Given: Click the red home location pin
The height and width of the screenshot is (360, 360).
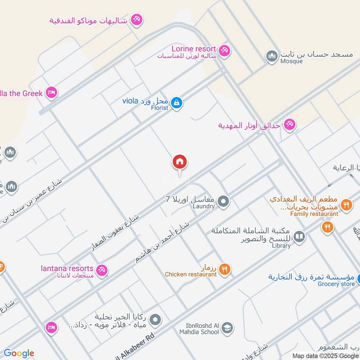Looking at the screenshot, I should pos(180,162).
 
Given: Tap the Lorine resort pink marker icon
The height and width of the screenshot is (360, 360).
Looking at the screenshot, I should pos(225,49).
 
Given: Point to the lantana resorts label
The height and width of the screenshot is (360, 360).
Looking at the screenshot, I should pos(66,269).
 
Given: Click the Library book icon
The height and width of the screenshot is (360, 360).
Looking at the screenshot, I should pos(299,236).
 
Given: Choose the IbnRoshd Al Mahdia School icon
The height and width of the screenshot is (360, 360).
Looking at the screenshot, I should pos(227,328).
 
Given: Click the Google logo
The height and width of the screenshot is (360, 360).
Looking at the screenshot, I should pos(19,353).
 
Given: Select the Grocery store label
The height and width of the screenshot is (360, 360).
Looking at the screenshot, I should pos(336,283).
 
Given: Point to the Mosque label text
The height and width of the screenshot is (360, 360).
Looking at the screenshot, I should pos(291,61).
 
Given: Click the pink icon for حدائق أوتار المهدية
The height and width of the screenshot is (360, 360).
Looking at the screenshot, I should pos(289,125).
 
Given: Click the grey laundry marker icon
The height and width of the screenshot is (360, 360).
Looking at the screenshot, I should pos(223,201).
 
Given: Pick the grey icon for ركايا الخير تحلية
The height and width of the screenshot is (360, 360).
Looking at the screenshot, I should pos(155,320).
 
